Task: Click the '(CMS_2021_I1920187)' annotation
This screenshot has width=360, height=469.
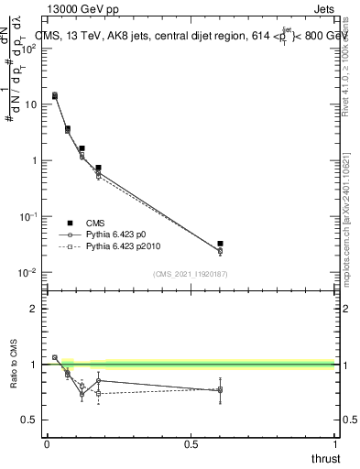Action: coord(191,274)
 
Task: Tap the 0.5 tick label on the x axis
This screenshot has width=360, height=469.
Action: coord(191,443)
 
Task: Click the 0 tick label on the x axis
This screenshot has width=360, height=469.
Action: coord(46,443)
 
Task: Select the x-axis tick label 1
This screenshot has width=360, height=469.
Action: coord(335,443)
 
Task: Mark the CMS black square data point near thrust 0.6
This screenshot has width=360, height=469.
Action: coord(220,244)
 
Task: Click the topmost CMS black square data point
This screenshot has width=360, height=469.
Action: coord(55,95)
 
